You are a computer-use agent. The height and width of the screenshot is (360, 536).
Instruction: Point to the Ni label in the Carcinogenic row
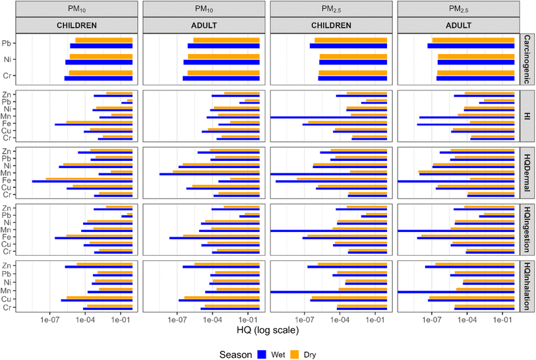click(25, 59)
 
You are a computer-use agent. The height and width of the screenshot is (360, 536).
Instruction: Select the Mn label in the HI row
click(25, 115)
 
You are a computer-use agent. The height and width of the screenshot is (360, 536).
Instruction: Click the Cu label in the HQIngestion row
click(25, 244)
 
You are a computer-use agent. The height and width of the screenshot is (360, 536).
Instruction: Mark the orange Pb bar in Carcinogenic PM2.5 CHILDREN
click(350, 40)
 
